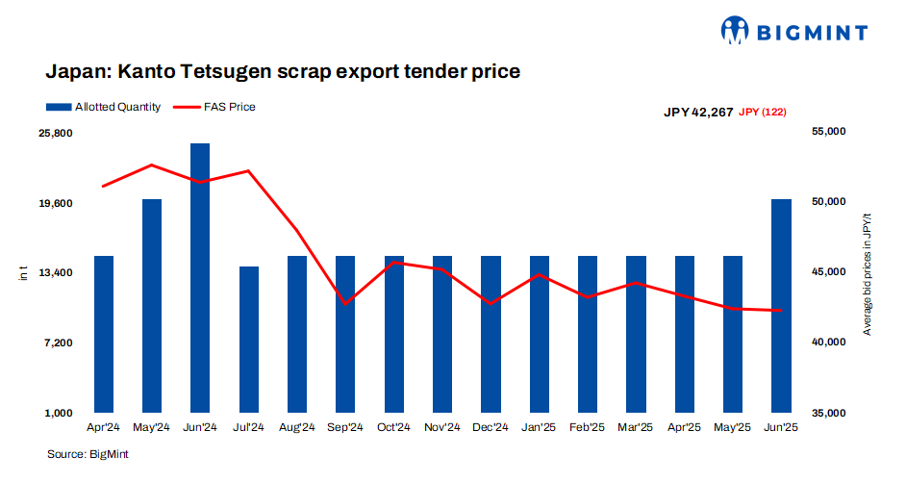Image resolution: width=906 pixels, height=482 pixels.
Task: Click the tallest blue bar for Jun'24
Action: [200, 279]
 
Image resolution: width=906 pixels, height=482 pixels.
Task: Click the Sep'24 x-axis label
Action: [345, 426]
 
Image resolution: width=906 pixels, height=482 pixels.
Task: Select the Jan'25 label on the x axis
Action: [539, 426]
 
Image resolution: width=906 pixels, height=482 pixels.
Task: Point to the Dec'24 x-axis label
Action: [491, 426]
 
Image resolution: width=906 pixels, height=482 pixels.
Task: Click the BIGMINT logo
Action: [794, 32]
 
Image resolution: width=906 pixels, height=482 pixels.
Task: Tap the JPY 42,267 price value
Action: [698, 113]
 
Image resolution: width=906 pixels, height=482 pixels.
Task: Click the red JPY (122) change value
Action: [763, 113]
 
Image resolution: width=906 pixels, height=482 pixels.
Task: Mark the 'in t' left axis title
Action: [24, 274]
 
